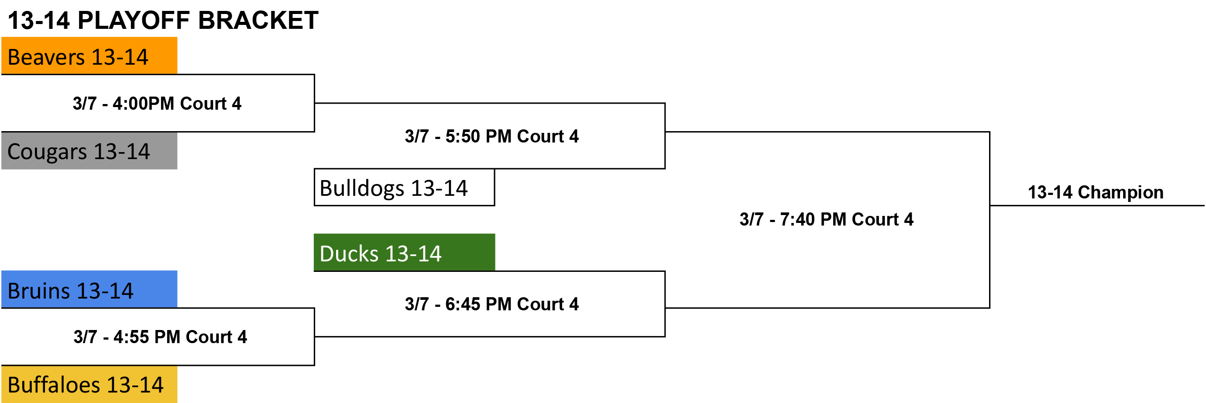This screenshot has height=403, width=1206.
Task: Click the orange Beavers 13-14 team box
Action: (x=89, y=56)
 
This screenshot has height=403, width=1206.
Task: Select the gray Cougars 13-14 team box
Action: (x=89, y=150)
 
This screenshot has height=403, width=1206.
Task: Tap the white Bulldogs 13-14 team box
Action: (x=404, y=188)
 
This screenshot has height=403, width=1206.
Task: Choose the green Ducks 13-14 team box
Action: (x=404, y=253)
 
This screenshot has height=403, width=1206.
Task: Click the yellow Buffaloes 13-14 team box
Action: (x=89, y=384)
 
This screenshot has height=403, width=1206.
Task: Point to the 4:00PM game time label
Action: (x=157, y=104)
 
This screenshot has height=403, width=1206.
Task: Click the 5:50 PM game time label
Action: (x=491, y=136)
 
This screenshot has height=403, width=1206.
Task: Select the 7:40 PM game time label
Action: (x=826, y=219)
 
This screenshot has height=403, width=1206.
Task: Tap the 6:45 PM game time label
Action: (x=491, y=304)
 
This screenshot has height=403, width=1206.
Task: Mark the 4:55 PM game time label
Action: (x=160, y=337)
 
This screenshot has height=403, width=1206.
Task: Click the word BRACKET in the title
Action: (x=258, y=21)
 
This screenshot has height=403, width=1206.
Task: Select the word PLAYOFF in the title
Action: (x=134, y=21)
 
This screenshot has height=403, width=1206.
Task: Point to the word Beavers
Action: (x=46, y=57)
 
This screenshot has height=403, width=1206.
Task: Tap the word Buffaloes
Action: (x=54, y=385)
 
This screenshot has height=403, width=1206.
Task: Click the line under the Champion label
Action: (x=1097, y=205)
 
